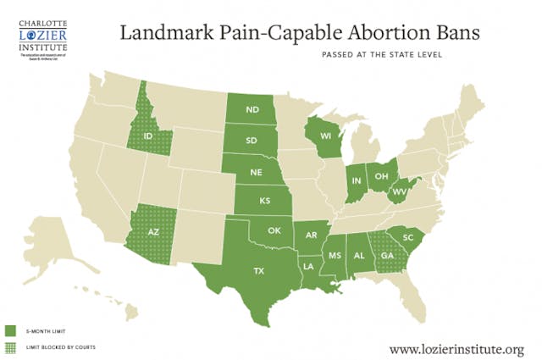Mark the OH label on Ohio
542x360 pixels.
381,175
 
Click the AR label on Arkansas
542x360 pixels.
312,235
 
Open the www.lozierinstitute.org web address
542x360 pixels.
456,348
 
